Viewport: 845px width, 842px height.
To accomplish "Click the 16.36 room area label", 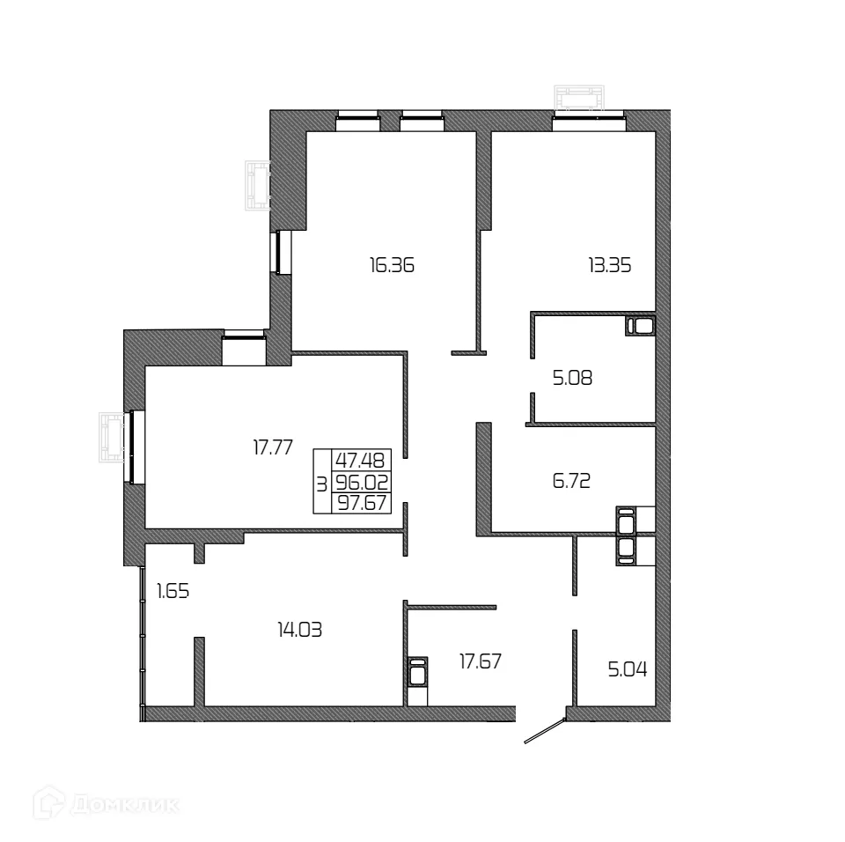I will [x=392, y=264].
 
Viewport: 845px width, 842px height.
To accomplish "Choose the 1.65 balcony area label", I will [x=173, y=592].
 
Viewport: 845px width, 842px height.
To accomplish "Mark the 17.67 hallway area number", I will [x=481, y=661].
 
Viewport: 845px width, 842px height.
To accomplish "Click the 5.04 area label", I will [x=628, y=669].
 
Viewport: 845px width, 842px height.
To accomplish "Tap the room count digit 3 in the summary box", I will [x=321, y=483].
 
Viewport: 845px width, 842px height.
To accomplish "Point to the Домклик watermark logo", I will [x=107, y=802].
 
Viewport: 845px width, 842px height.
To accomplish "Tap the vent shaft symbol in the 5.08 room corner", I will [x=641, y=327].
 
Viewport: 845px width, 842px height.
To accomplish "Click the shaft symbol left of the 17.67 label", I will [x=418, y=674].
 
